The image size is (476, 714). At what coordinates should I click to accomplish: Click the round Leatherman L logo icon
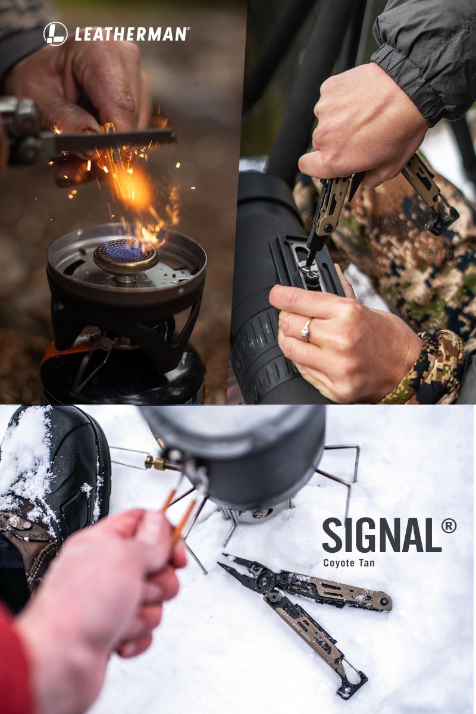55,34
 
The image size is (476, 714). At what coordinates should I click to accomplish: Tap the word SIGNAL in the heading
381,535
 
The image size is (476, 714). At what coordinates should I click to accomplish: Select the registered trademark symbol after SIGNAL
449,526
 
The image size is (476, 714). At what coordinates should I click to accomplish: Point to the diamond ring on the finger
305,330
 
